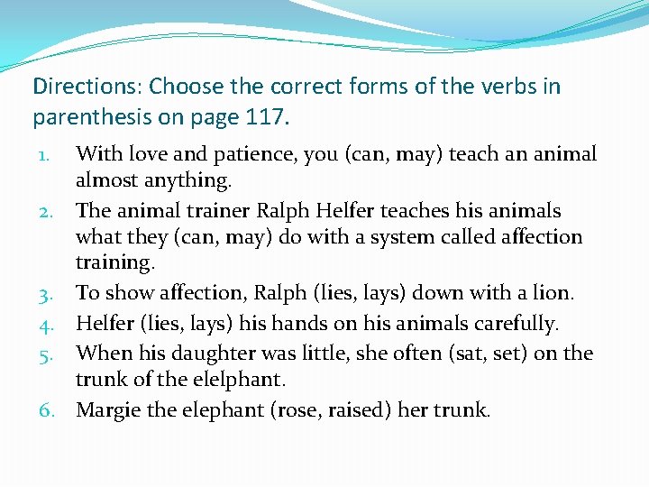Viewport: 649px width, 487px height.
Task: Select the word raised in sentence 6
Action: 356,410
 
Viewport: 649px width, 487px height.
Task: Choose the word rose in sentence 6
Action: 301,410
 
